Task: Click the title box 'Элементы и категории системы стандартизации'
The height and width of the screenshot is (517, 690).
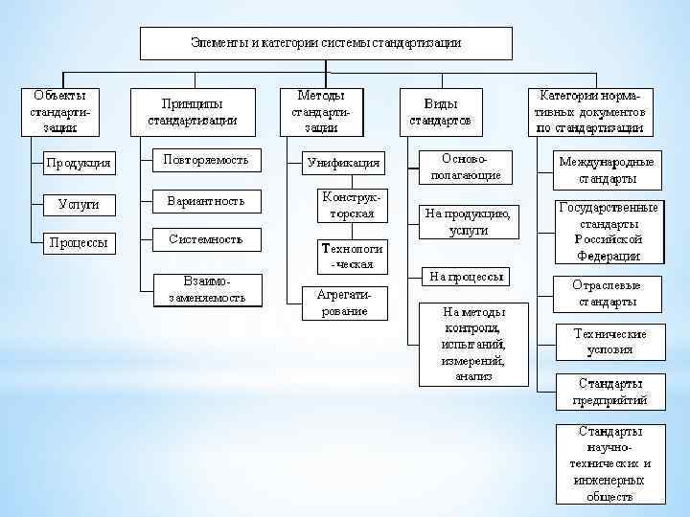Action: pos(326,43)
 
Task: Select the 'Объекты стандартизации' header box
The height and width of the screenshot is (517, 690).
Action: pos(59,111)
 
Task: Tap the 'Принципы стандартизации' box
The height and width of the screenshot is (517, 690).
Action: pos(193,112)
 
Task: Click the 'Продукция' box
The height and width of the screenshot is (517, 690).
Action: pos(78,163)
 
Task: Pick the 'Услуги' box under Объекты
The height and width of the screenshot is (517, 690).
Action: pos(78,204)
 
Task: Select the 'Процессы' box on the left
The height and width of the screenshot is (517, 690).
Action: pos(78,243)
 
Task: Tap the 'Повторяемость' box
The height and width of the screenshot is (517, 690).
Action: pos(205,160)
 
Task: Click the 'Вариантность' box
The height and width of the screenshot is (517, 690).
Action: pos(205,201)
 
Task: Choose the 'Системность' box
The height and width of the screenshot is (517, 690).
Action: pos(205,239)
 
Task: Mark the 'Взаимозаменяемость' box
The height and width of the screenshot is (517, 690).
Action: pos(205,289)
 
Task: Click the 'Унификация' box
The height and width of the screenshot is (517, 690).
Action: pos(343,163)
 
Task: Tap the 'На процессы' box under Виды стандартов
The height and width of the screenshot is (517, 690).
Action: pos(466,277)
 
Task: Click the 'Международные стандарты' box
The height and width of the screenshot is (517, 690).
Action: pos(608,170)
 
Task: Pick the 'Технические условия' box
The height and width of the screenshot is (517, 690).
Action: pos(609,342)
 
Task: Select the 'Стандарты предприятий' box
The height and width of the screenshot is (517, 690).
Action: pos(609,392)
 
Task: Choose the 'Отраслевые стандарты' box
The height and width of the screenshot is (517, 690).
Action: pos(608,294)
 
